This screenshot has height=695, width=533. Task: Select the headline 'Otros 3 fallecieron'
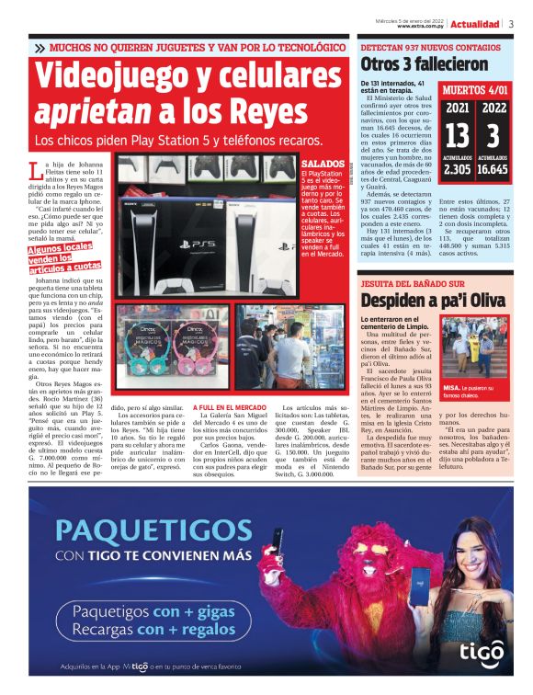pos(424,64)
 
